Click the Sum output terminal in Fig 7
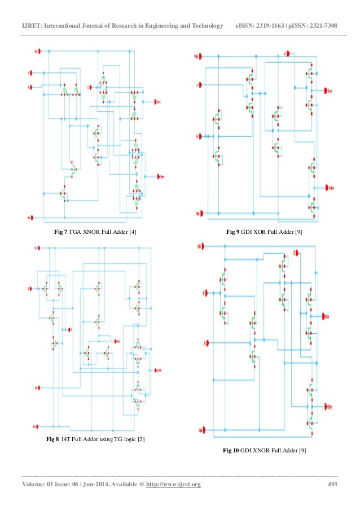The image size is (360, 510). [x=159, y=102]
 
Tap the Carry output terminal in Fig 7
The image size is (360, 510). [x=160, y=176]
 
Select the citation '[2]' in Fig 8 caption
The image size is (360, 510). [x=141, y=439]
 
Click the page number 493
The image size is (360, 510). [x=333, y=485]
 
